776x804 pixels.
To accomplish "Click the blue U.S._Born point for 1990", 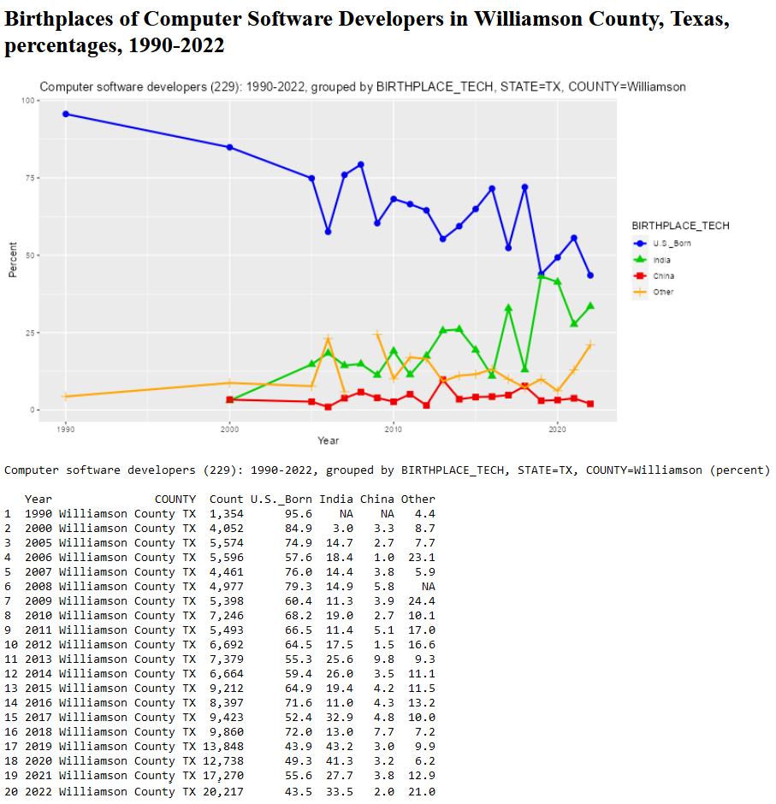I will tap(65, 114).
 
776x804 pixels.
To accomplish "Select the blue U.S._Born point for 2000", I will tap(229, 147).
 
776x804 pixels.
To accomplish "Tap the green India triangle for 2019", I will tap(541, 275).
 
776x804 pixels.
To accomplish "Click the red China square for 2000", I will tap(229, 399).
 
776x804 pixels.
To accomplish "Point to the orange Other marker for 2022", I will tap(590, 345).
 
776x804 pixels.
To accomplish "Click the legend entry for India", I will tap(661, 260).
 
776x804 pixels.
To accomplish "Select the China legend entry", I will tap(663, 276).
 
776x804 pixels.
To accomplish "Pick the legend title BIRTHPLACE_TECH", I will tap(680, 226).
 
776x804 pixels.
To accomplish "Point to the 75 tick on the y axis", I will tap(33, 178).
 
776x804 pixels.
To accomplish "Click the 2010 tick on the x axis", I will tap(394, 428).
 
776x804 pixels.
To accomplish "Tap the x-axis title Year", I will tap(328, 440).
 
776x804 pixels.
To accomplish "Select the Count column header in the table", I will tap(226, 499).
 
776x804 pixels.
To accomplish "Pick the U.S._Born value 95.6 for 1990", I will tap(299, 513).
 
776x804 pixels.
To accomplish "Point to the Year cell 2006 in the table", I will tap(39, 557).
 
